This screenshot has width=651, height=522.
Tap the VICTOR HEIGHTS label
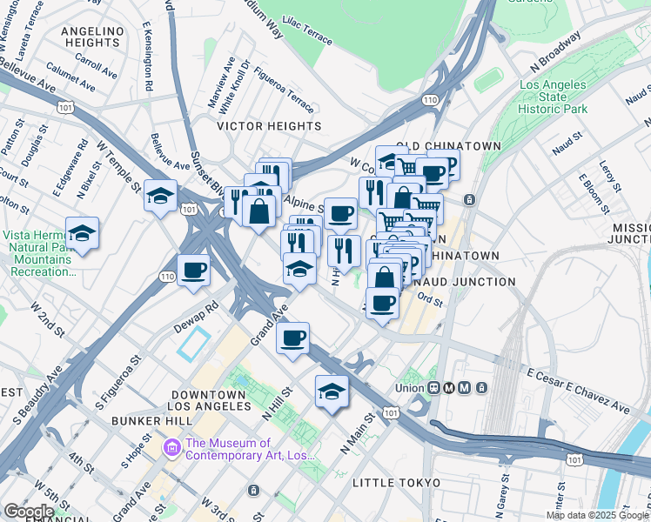tap(269, 126)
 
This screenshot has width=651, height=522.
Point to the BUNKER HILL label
tap(151, 420)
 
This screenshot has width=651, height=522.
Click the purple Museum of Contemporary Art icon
tap(171, 449)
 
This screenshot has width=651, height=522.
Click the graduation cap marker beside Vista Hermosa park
tap(83, 234)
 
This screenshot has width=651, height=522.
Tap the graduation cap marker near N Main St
tap(332, 392)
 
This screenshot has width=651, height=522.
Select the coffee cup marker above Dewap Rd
tap(193, 270)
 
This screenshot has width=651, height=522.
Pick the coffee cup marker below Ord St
tap(380, 304)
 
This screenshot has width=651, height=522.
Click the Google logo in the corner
tap(28, 512)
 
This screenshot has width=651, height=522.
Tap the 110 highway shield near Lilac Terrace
tap(430, 101)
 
